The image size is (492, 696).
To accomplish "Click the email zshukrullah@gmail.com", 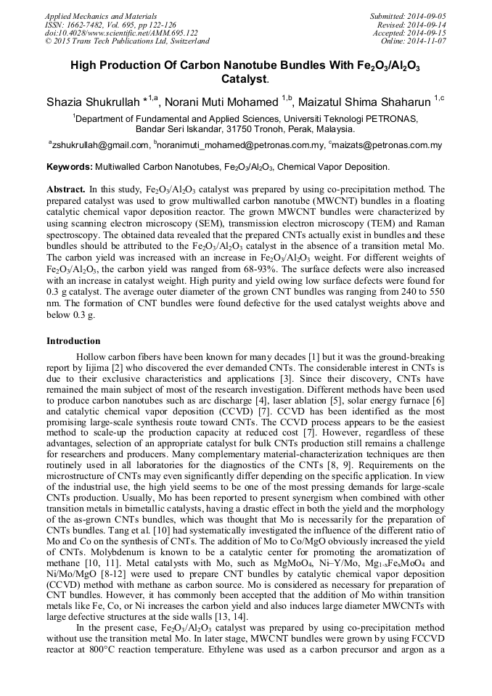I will point(99,145).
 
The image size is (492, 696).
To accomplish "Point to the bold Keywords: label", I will point(70,167).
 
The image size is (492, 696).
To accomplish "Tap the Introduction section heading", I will point(73,340).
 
